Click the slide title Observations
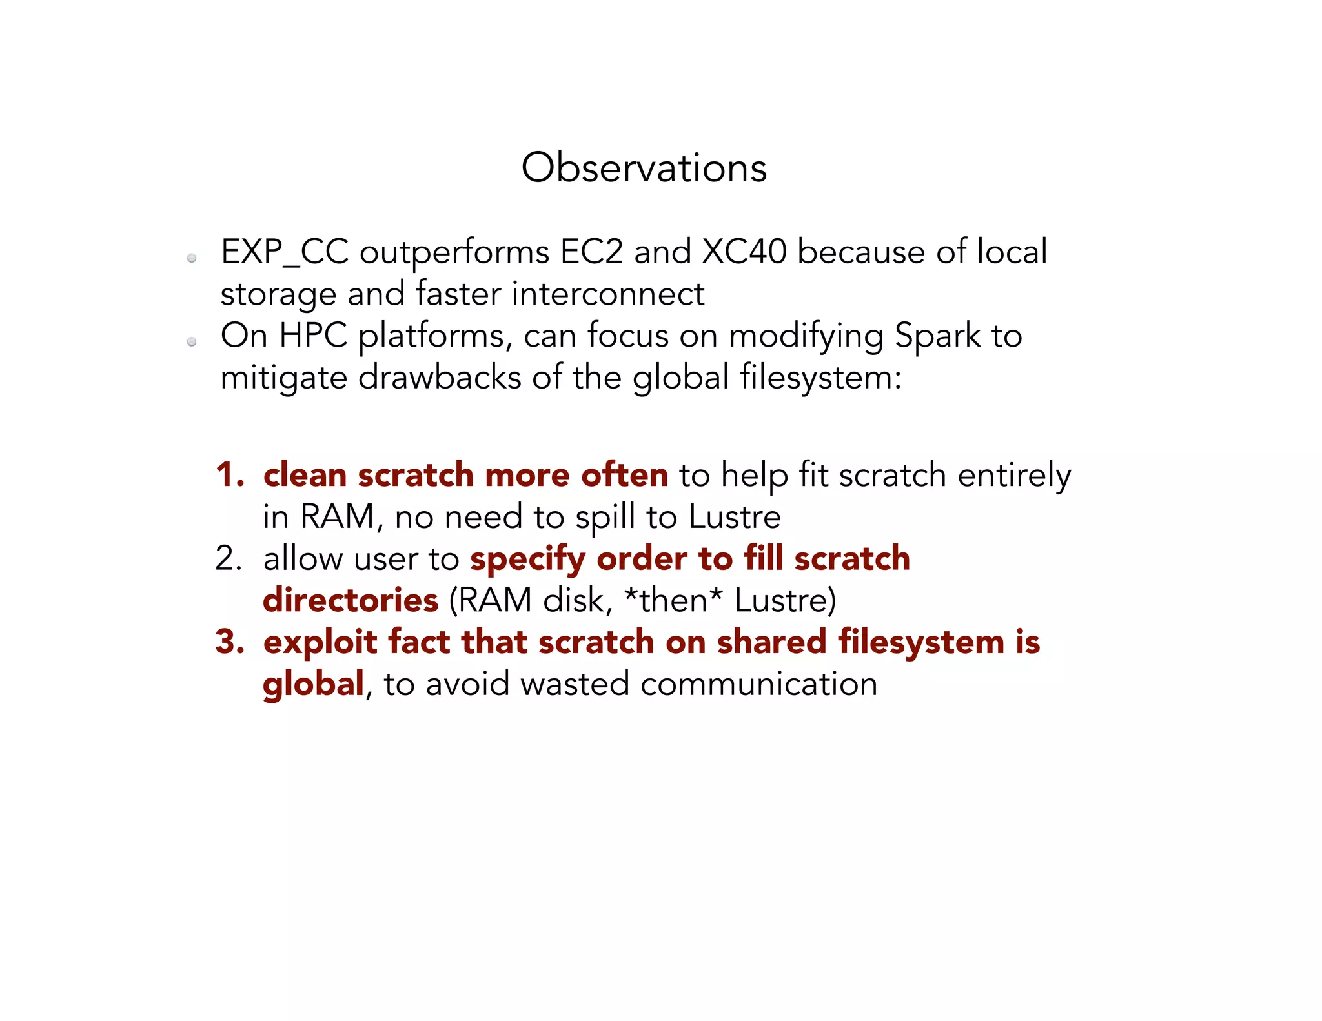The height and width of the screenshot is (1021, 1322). [644, 168]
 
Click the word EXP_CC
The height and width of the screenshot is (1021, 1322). [285, 252]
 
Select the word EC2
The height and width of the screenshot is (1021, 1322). [591, 252]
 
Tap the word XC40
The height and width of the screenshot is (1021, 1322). [744, 252]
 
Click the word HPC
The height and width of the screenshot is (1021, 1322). [313, 336]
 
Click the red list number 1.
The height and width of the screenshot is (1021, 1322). [229, 475]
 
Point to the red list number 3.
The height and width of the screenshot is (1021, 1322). [229, 642]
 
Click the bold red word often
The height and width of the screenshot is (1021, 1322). [624, 475]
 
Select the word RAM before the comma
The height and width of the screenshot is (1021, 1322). [338, 517]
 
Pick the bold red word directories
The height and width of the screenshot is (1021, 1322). [351, 601]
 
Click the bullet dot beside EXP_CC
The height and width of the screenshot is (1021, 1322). [192, 259]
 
